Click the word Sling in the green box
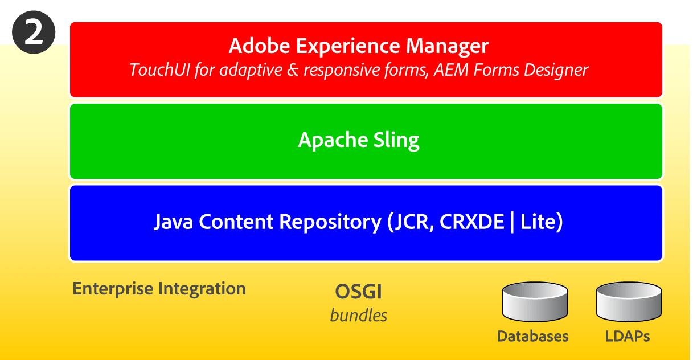397,140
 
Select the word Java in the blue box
173,222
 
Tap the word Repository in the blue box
327,222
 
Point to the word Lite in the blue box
541,222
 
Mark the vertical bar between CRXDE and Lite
512,222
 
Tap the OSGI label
358,292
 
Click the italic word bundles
358,315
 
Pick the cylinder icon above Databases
535,301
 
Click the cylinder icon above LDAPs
629,301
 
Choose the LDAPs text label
628,336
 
